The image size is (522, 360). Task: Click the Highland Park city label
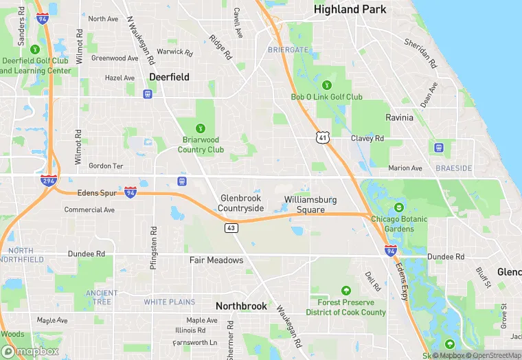[350, 10]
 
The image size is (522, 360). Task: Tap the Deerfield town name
[169, 77]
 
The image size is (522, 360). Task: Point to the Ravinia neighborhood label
[399, 117]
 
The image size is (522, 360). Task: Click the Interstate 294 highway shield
[48, 181]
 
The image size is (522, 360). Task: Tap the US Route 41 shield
[324, 138]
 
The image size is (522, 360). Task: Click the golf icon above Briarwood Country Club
[201, 128]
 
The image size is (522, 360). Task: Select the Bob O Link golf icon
[326, 85]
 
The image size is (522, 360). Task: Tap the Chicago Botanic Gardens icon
[398, 208]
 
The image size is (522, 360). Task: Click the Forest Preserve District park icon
[345, 291]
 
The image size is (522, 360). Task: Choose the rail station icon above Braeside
[438, 146]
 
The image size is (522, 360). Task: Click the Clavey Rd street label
[367, 138]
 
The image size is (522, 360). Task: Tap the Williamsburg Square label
[310, 204]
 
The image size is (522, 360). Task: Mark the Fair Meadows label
[216, 260]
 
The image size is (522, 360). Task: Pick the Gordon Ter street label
[106, 166]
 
